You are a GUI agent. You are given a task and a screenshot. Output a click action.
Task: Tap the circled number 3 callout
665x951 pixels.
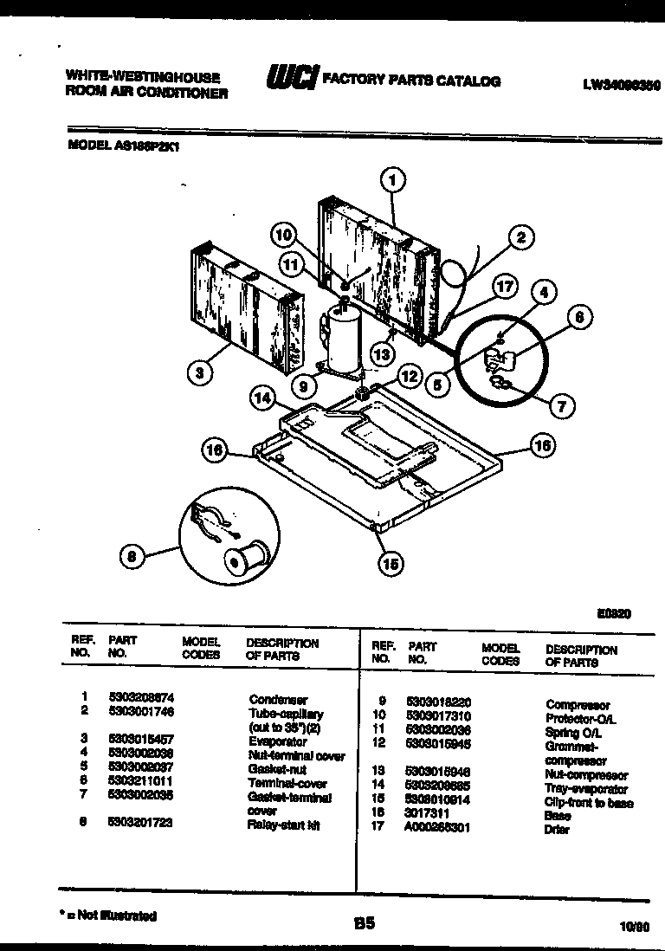click(x=200, y=374)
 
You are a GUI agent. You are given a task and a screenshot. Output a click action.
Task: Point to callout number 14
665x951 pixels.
click(x=263, y=398)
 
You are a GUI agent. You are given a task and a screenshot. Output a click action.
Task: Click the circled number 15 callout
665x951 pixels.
click(x=391, y=564)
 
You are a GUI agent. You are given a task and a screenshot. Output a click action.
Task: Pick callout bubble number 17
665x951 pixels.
click(x=506, y=287)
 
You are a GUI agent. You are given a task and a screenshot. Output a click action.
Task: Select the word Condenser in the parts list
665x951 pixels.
click(x=278, y=700)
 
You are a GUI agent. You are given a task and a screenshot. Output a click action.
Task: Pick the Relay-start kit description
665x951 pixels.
click(x=283, y=825)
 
